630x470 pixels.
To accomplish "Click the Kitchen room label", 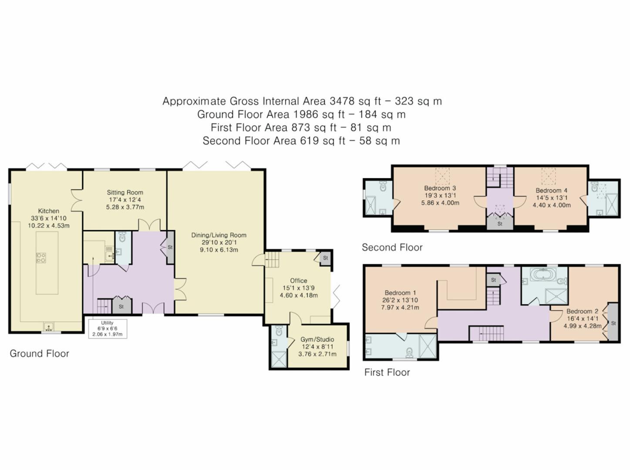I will click(48, 211).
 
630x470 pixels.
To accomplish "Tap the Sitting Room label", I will click(125, 192).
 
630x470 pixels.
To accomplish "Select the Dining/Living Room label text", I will click(219, 235).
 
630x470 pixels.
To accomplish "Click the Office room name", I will click(298, 281).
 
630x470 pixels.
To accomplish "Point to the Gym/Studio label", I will click(317, 339).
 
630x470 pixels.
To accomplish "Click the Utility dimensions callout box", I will click(107, 329).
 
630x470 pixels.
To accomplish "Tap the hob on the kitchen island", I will click(41, 258).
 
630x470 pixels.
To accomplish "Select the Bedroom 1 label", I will click(400, 293).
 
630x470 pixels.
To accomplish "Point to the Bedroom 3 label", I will click(440, 188).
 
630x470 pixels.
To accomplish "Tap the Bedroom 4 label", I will click(551, 191).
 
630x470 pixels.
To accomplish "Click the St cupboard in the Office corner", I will click(325, 258).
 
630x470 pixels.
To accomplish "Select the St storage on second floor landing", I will click(499, 224).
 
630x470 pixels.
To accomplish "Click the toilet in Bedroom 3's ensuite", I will click(383, 187).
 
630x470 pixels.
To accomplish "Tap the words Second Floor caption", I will click(392, 248).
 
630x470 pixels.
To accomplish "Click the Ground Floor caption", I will click(40, 354).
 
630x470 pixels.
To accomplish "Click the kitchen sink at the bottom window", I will click(48, 326).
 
